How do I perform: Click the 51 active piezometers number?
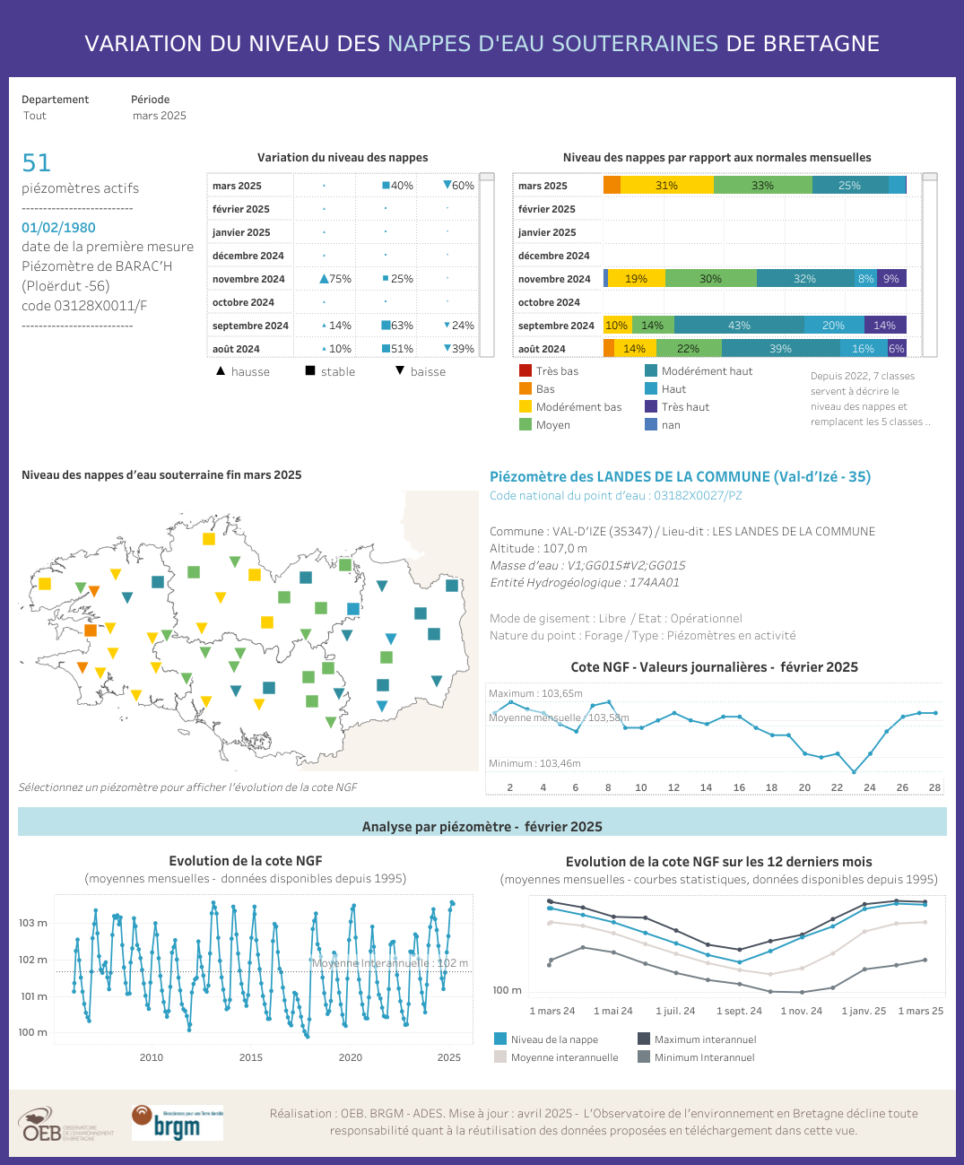[x=37, y=162]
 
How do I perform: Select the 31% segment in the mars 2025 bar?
[x=666, y=186]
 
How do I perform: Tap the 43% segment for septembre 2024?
[x=739, y=326]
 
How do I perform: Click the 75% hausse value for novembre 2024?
[x=335, y=279]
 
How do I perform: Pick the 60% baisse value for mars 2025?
[x=458, y=186]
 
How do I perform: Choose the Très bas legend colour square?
[x=525, y=370]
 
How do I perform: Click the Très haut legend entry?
[x=685, y=407]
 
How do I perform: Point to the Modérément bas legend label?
[x=578, y=407]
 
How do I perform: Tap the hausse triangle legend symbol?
[x=221, y=370]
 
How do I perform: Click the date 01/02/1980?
[x=58, y=228]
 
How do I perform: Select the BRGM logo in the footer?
[x=177, y=1123]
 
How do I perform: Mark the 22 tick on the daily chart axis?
[x=837, y=787]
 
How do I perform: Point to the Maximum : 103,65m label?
[x=535, y=693]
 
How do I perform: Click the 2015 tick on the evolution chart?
[x=251, y=1057]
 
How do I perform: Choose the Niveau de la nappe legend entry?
[x=554, y=1039]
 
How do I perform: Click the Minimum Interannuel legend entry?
[x=704, y=1057]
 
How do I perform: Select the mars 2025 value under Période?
[x=160, y=116]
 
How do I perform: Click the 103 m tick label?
[x=33, y=923]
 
